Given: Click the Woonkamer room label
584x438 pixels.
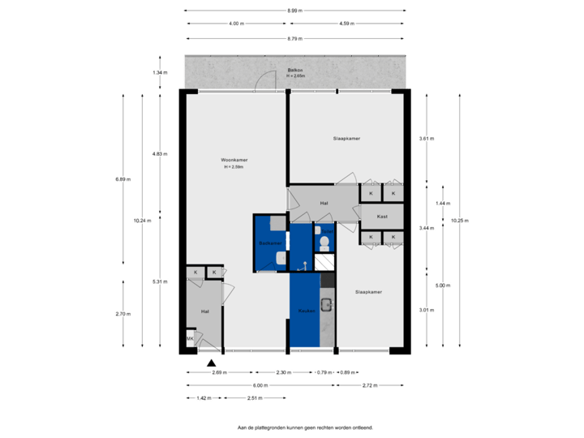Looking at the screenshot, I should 234,161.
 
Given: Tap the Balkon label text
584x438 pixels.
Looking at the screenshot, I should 294,71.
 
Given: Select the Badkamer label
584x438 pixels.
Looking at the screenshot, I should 269,243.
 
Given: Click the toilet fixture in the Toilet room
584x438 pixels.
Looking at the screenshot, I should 324,243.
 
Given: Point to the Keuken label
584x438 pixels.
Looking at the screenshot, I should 305,311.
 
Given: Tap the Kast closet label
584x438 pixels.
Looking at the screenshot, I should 382,217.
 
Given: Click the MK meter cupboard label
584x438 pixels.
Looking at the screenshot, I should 190,339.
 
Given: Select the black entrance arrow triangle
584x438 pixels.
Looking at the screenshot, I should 212,363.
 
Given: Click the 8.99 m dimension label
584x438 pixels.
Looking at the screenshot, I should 294,11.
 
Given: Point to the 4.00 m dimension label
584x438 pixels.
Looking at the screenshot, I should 236,24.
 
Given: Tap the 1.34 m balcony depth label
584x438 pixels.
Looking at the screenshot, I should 159,73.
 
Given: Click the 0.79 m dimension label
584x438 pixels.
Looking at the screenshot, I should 324,372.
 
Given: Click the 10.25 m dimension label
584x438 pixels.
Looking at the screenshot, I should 459,220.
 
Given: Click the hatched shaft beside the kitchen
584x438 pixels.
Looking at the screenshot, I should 324,262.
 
